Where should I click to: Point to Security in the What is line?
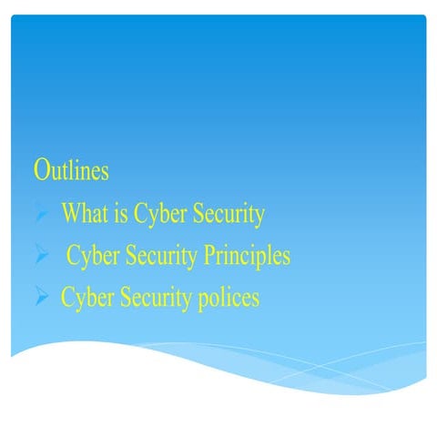[x=227, y=216]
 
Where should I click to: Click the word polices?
[x=228, y=299]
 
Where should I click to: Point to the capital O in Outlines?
[x=41, y=170]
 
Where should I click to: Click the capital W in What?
[x=69, y=214]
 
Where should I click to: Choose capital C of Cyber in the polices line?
[x=67, y=298]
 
